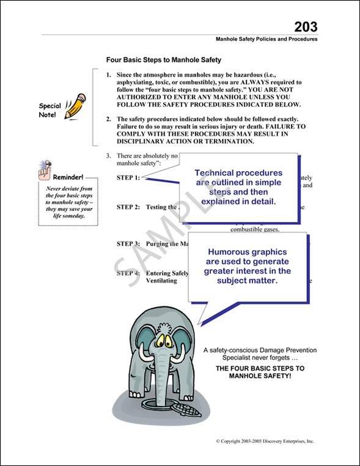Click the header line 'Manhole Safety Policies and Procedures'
[x=266, y=39]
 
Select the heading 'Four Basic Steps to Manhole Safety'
[x=163, y=61]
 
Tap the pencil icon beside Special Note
[x=75, y=105]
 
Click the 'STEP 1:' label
[x=128, y=177]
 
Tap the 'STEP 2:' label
[x=128, y=207]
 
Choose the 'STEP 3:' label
[x=128, y=243]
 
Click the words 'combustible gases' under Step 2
[x=255, y=230]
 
